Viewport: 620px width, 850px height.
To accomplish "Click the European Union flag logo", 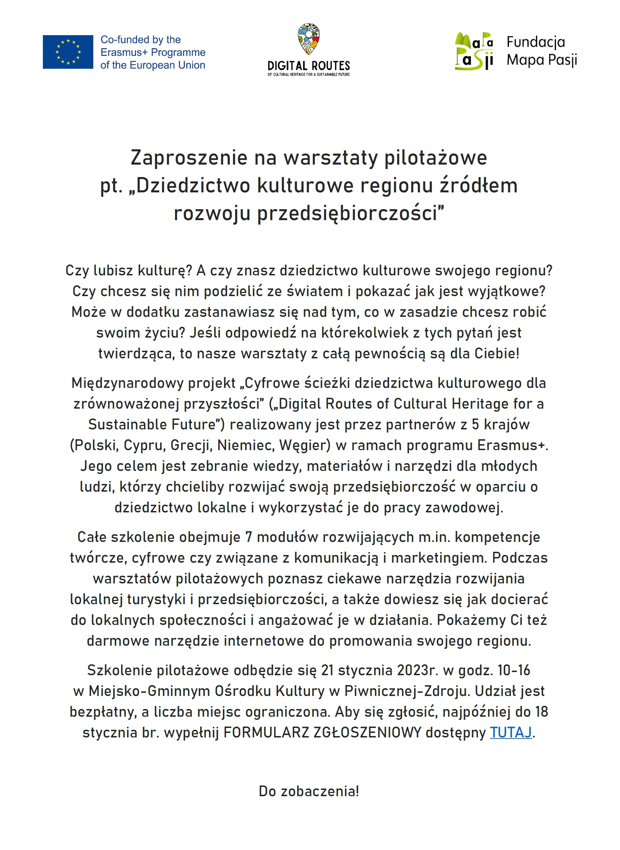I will tap(68, 52).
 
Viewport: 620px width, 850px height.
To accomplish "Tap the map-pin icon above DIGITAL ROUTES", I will tap(309, 39).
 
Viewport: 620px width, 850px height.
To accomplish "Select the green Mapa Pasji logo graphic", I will tap(474, 51).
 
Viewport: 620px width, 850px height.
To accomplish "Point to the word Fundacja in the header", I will tap(536, 42).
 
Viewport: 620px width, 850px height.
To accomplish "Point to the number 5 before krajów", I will tap(475, 424).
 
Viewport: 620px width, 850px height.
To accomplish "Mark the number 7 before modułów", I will tap(248, 537).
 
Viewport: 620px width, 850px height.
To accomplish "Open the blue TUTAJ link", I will tap(511, 732).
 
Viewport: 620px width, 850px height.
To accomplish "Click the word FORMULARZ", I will tap(266, 732).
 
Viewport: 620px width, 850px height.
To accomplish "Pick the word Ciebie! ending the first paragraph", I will tap(497, 353).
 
